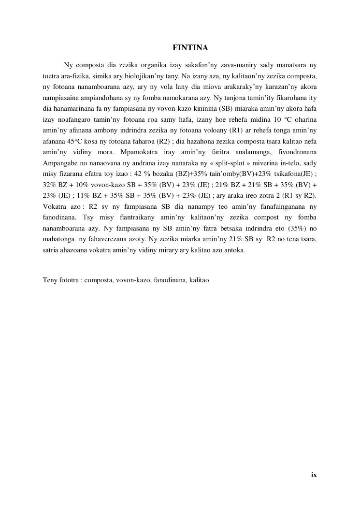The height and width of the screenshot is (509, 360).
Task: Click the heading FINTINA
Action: (190, 48)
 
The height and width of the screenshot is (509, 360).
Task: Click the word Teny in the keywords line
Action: (50, 280)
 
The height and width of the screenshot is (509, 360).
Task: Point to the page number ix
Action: (314, 475)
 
